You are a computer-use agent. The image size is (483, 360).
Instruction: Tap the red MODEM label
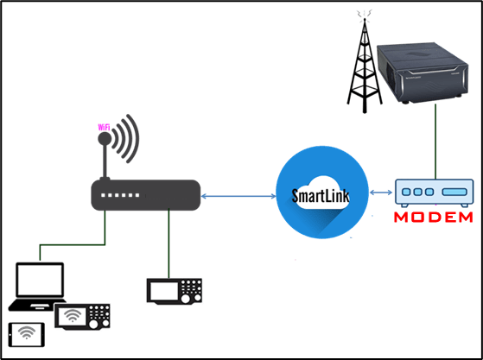tap(433, 217)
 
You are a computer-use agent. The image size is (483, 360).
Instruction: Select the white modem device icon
tap(432, 192)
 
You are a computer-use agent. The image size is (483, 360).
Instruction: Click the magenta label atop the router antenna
tap(103, 128)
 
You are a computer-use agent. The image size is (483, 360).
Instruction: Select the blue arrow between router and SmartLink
tap(238, 198)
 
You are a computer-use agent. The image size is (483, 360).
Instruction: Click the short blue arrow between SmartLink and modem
tap(381, 193)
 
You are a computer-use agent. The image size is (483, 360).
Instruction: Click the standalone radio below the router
tap(176, 289)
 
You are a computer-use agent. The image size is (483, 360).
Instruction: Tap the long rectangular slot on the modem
tap(454, 192)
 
